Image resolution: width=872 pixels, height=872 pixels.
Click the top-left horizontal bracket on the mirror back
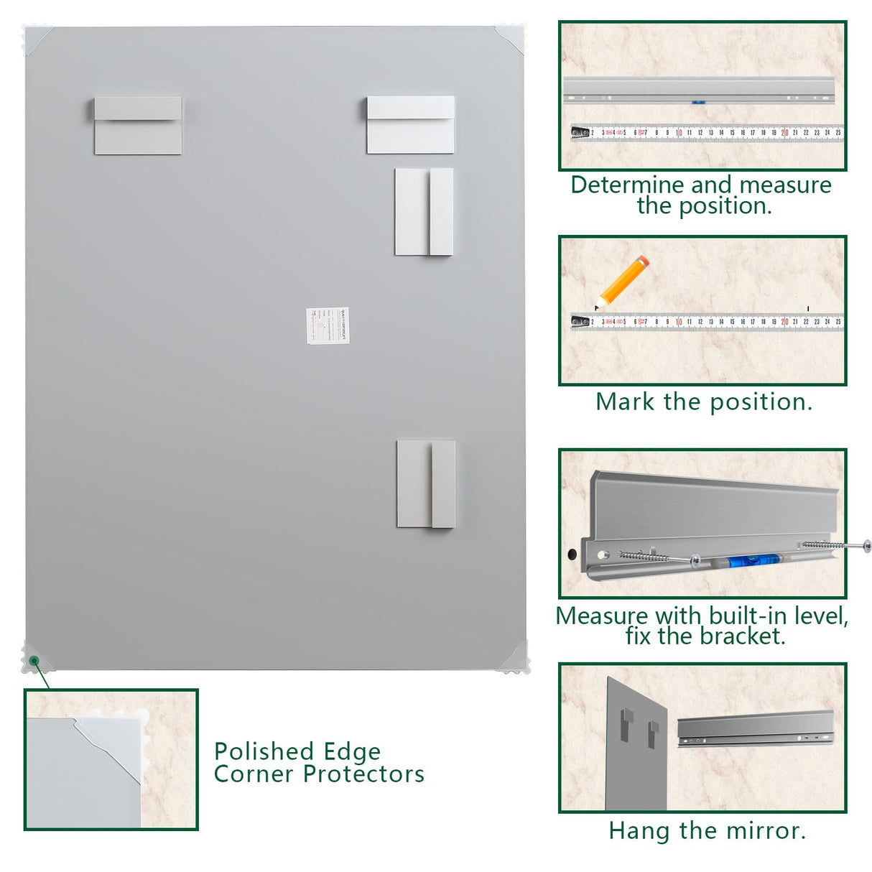[138, 126]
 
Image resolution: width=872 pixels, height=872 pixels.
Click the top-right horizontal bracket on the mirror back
[410, 125]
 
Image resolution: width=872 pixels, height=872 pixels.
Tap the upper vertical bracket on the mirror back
[424, 212]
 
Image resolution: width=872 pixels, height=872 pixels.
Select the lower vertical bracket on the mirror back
[426, 484]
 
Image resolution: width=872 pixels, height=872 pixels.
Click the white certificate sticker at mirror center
[328, 325]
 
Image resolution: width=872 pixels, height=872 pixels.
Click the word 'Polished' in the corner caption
[259, 752]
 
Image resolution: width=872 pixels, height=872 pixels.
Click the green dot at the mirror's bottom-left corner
[33, 660]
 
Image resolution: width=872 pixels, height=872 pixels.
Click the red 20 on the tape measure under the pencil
[784, 322]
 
